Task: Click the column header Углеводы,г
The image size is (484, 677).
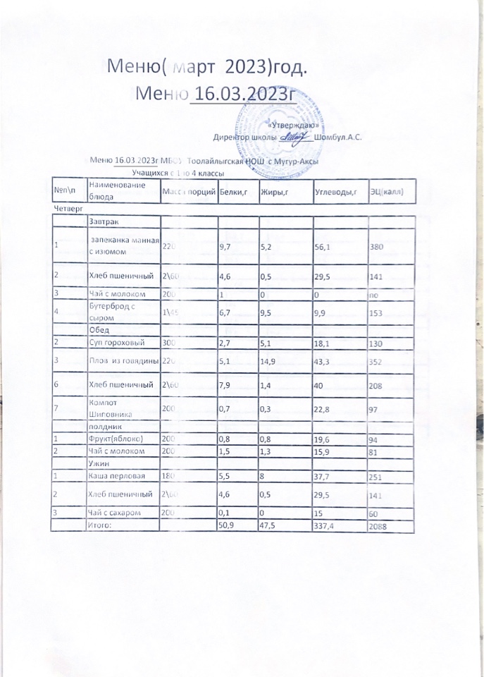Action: [335, 192]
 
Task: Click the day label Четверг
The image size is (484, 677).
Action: [68, 209]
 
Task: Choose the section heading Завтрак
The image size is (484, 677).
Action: [104, 223]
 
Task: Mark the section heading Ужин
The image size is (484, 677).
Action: [99, 464]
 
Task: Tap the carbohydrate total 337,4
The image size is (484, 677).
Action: [327, 526]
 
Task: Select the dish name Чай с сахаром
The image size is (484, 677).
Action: [117, 513]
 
